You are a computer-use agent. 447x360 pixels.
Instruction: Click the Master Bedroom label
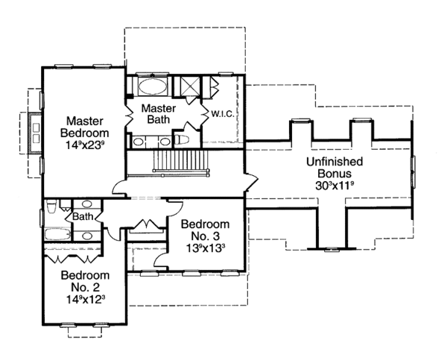pyautogui.click(x=84, y=127)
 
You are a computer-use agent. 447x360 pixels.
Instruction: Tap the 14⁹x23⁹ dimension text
pyautogui.click(x=84, y=145)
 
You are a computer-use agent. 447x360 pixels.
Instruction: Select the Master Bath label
pyautogui.click(x=159, y=114)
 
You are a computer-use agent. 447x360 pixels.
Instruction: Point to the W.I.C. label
pyautogui.click(x=223, y=114)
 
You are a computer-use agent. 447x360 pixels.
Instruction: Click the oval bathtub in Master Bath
pyautogui.click(x=153, y=86)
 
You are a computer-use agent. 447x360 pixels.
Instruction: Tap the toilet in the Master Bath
pyautogui.click(x=182, y=140)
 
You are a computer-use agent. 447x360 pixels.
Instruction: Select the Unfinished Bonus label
pyautogui.click(x=335, y=168)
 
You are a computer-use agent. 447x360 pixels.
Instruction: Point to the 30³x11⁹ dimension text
pyautogui.click(x=335, y=186)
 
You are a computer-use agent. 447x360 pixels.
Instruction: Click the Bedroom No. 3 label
pyautogui.click(x=205, y=230)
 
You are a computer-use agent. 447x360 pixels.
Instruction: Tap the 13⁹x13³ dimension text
pyautogui.click(x=205, y=248)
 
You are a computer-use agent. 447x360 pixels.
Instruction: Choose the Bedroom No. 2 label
pyautogui.click(x=85, y=281)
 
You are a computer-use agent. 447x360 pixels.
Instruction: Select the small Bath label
pyautogui.click(x=83, y=216)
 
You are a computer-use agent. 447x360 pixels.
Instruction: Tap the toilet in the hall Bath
pyautogui.click(x=51, y=206)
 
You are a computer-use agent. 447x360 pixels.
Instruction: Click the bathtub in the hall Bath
pyautogui.click(x=57, y=234)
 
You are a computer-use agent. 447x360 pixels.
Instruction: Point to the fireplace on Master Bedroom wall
pyautogui.click(x=35, y=133)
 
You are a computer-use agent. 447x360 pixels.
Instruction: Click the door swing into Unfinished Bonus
pyautogui.click(x=252, y=181)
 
